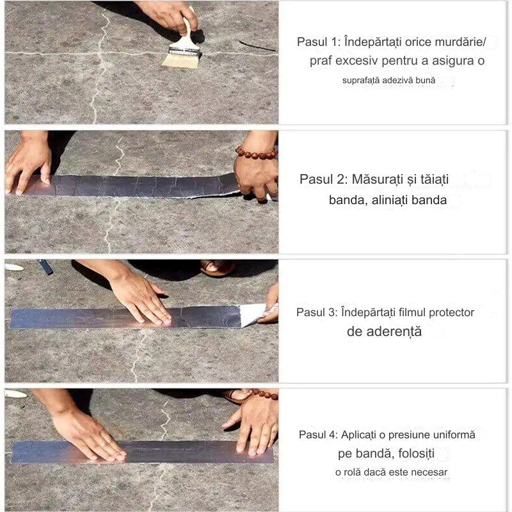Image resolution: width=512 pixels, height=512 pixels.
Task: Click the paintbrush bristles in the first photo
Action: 180,61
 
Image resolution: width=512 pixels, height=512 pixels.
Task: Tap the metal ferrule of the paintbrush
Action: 184,51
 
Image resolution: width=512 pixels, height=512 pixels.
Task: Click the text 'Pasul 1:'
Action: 319,42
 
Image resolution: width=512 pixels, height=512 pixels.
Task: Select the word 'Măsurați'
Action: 378,179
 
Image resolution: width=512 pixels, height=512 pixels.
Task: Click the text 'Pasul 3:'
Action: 317,312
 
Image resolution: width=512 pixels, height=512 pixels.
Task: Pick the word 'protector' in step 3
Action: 451,313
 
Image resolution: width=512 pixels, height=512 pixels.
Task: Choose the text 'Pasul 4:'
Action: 318,435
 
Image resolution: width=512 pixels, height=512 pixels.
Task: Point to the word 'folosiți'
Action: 417,454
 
